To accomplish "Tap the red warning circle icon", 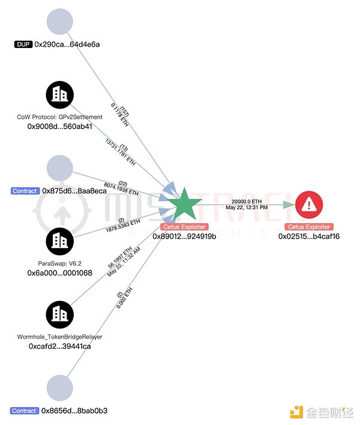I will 310,205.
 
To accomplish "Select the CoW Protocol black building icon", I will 59,94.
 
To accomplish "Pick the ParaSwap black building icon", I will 59,240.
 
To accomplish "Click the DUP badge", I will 23,44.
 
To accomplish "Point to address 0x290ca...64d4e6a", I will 67,44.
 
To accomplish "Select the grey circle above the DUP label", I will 59,21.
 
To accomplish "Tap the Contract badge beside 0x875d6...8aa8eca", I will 25,191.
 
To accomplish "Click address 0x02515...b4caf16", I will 309,236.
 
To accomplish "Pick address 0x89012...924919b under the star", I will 184,236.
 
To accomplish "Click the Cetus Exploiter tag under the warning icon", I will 309,227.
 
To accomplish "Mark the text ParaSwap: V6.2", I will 59,263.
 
